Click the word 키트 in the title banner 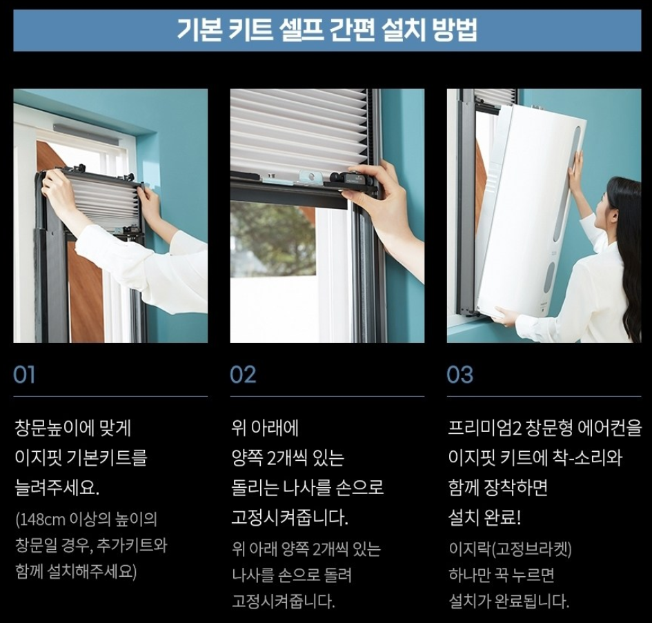(x=250, y=30)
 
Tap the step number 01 (x=24, y=375)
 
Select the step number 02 (x=243, y=375)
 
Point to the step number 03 (x=460, y=375)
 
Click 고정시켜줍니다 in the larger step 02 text (x=289, y=517)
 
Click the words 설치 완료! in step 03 (x=484, y=517)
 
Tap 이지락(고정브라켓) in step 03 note (x=510, y=549)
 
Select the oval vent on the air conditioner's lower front (x=550, y=278)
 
